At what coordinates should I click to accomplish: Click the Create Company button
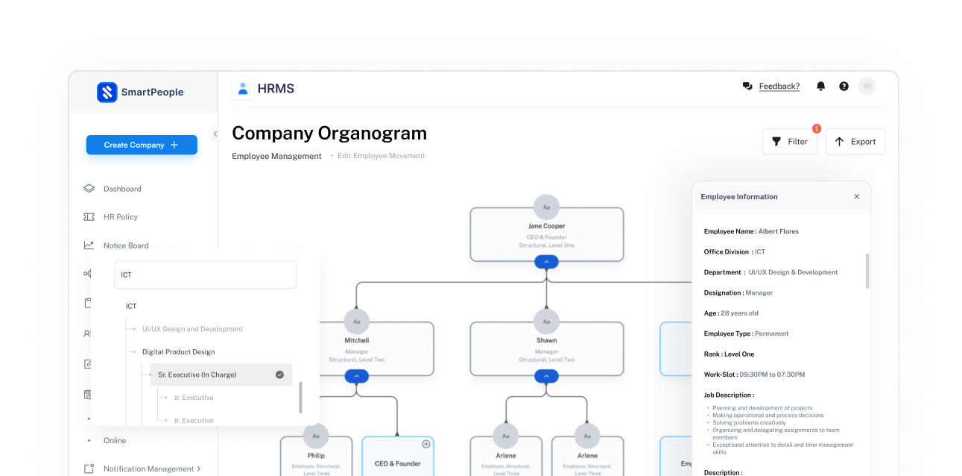(142, 145)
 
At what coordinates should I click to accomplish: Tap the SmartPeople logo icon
(107, 92)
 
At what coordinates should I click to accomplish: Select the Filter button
(790, 142)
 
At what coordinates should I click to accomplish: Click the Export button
(855, 142)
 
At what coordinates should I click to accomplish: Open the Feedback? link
(779, 87)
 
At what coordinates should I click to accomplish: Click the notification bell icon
(820, 87)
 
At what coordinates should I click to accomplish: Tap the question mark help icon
(844, 87)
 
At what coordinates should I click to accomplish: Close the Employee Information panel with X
(856, 197)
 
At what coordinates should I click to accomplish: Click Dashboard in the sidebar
(122, 189)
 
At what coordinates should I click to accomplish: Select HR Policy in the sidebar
(121, 217)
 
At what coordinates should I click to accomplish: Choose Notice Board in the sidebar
(126, 245)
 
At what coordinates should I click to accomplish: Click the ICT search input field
(205, 275)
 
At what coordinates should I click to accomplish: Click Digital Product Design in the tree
(178, 351)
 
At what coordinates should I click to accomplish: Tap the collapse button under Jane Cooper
(546, 262)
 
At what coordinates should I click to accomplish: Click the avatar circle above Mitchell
(357, 321)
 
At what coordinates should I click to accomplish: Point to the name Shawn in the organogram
(546, 340)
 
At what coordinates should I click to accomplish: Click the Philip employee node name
(316, 455)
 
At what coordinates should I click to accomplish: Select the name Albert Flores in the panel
(778, 231)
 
